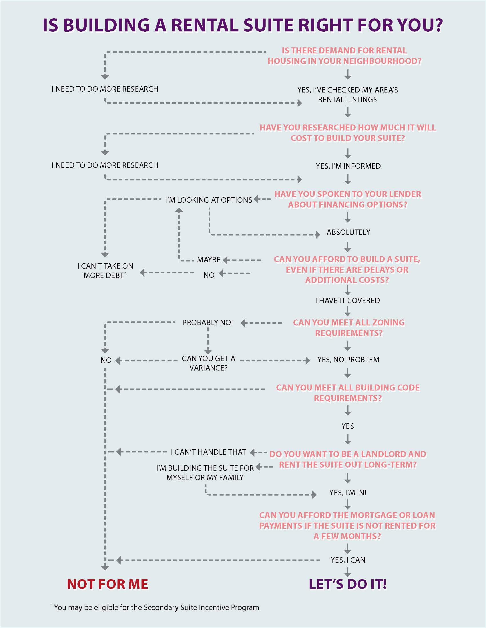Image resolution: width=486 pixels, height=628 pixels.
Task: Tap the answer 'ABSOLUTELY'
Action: [x=348, y=232]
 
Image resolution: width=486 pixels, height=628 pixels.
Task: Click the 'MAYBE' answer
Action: [x=209, y=260]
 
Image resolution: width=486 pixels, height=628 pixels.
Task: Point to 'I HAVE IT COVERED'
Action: [x=348, y=301]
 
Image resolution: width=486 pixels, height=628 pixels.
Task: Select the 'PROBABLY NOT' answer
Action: [x=208, y=323]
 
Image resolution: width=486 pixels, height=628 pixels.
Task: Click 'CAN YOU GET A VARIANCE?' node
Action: [x=208, y=363]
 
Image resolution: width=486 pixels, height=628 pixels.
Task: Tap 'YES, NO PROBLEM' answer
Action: [x=348, y=360]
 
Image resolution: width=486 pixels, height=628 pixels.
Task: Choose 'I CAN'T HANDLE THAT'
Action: [x=208, y=452]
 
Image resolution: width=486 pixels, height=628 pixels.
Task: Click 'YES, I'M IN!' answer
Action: [x=348, y=493]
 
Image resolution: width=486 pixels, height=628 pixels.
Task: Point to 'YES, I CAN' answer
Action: [x=348, y=560]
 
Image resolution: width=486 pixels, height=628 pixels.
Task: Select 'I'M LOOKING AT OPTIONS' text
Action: [x=208, y=200]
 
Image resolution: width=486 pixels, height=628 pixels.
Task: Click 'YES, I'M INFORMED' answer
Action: [x=348, y=166]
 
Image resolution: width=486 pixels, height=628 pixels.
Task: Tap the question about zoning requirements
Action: [x=349, y=328]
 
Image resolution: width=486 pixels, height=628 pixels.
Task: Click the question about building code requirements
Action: [x=348, y=393]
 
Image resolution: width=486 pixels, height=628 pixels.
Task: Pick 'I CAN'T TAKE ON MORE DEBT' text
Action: [x=105, y=271]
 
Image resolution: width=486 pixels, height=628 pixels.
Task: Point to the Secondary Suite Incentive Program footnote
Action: [x=156, y=607]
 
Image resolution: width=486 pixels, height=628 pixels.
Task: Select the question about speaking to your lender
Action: [x=348, y=199]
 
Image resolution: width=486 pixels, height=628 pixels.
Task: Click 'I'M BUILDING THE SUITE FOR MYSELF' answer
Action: [x=205, y=473]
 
